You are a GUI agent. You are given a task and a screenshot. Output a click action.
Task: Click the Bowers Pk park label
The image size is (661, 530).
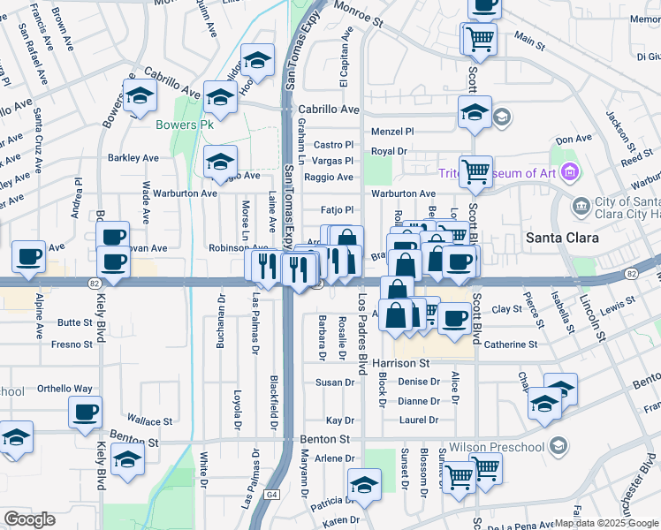185,125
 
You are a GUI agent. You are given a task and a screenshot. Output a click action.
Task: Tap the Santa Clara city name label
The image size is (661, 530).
562,238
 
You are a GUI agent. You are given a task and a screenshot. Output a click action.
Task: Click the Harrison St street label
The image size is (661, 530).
400,363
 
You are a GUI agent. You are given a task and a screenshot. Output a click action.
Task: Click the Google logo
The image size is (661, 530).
29,519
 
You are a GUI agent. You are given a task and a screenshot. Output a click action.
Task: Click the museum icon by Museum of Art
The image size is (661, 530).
570,171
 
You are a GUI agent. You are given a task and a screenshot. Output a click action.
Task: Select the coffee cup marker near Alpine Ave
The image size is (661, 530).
28,257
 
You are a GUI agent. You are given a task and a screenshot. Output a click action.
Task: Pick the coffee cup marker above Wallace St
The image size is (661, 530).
86,411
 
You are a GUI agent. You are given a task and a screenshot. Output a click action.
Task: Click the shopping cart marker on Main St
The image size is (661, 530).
480,38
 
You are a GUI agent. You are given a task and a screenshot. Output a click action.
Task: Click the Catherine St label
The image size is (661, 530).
510,344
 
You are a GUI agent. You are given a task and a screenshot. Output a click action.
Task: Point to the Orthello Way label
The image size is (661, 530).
65,389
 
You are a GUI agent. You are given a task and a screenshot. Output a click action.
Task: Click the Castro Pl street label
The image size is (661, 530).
333,145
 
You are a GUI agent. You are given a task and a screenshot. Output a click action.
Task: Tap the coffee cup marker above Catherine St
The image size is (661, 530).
455,319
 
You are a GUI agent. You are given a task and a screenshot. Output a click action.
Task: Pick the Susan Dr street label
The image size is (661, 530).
335,382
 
